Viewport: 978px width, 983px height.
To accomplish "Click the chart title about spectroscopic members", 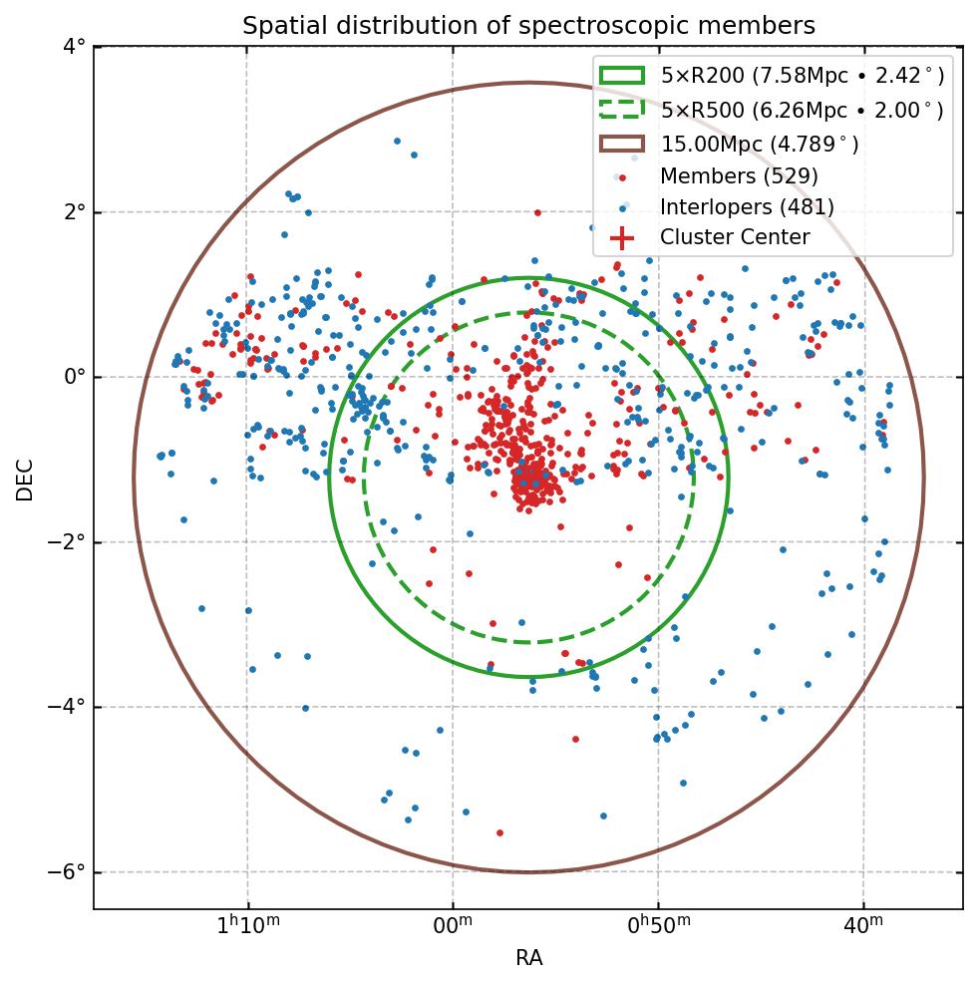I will point(528,26).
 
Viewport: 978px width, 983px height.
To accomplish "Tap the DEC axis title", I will point(25,479).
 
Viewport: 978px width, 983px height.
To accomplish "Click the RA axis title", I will point(528,959).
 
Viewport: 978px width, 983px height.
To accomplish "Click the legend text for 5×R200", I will point(802,76).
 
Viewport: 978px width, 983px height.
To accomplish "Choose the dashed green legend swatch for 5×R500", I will point(622,110).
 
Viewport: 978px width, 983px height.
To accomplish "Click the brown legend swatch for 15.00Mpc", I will point(622,144).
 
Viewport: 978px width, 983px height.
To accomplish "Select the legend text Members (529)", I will point(739,176).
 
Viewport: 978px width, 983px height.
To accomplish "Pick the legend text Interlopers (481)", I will point(747,207).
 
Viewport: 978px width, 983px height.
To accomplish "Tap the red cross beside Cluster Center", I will point(622,238).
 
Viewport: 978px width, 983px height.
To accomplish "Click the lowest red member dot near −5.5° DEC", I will point(499,832).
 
